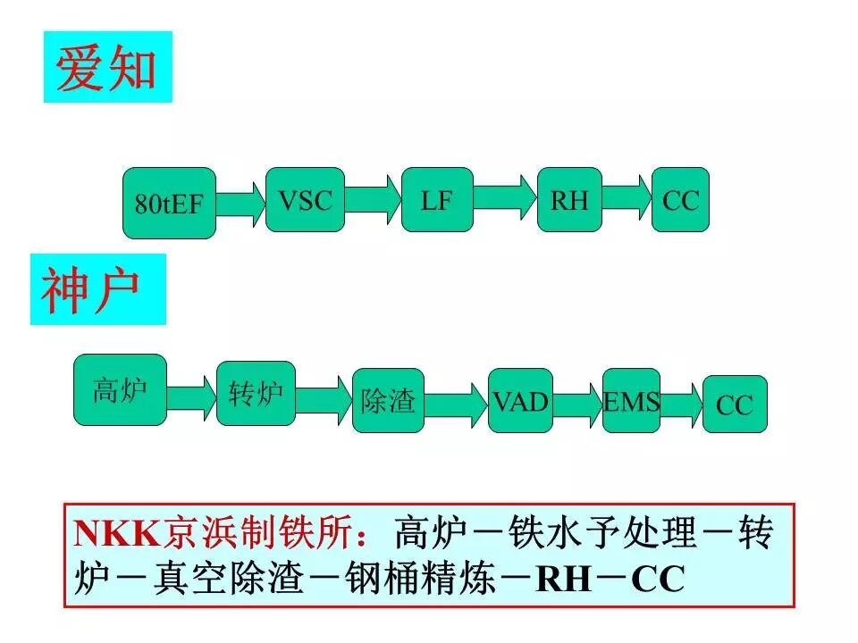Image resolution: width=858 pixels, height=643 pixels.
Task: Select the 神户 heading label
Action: click(x=97, y=289)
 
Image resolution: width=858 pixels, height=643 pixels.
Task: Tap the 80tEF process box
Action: click(x=169, y=203)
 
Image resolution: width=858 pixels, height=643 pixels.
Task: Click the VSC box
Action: click(x=305, y=200)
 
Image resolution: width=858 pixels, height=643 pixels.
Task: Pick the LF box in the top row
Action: click(x=437, y=200)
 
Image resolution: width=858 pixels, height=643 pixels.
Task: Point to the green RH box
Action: click(x=569, y=200)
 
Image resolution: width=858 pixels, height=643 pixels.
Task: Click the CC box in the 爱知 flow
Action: click(x=680, y=200)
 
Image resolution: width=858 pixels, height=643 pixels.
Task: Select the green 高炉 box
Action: click(x=120, y=390)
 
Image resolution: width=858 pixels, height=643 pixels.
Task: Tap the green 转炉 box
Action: click(x=256, y=393)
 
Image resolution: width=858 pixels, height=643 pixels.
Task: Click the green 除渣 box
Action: click(x=388, y=401)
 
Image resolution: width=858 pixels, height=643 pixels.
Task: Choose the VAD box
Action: click(x=521, y=400)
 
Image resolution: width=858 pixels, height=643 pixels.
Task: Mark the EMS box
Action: click(x=631, y=401)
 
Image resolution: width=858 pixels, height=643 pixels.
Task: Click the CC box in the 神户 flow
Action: click(x=735, y=405)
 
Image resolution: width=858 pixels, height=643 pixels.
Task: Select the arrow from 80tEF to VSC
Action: click(x=240, y=204)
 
